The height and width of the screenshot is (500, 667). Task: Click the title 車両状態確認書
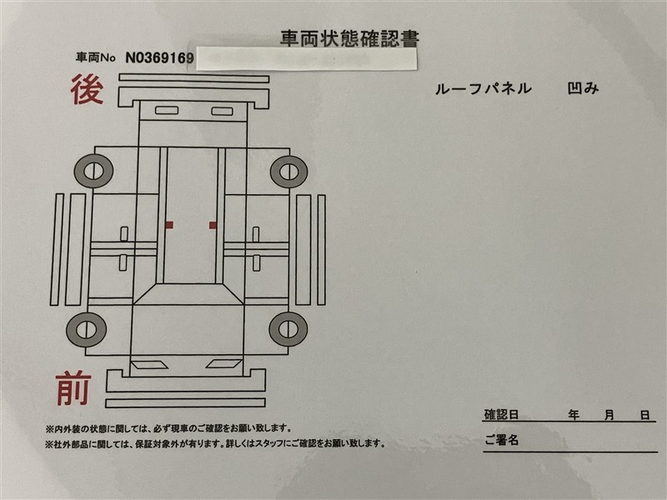pos(349,38)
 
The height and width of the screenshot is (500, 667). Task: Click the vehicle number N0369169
pos(159,57)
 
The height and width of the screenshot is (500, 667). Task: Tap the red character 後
pos(87,89)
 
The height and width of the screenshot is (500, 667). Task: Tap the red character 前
pos(73,388)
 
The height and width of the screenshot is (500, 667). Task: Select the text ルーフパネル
pos(484,88)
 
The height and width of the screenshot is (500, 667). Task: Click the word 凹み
pos(583,88)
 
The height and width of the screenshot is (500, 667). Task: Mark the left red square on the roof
pos(169,225)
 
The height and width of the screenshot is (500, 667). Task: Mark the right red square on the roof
pos(213,225)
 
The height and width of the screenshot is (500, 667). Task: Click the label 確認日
pos(501,414)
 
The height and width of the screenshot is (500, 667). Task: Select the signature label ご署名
pos(502,440)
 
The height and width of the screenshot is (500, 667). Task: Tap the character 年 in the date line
pos(574,414)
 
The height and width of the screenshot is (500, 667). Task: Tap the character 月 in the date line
pos(609,414)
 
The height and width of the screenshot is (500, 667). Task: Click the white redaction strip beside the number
pos(306,59)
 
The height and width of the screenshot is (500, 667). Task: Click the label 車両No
pos(95,57)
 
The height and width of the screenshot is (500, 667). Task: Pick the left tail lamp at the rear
pos(166,111)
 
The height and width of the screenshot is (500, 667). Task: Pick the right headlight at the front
pos(223,363)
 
